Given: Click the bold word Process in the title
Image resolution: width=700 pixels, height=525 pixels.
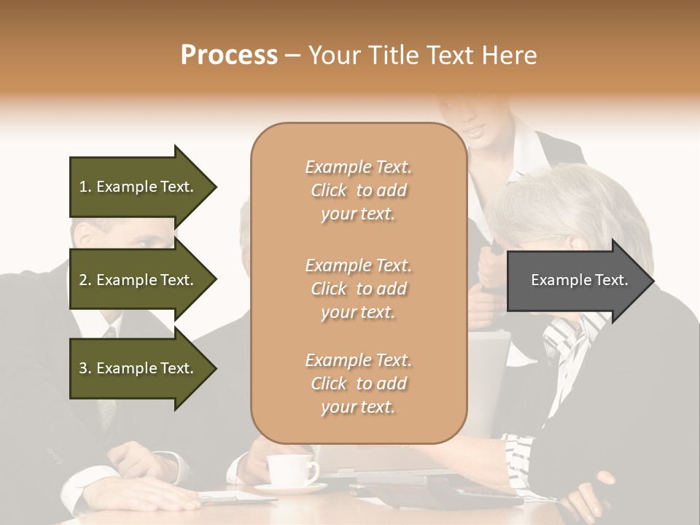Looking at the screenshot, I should tap(229, 55).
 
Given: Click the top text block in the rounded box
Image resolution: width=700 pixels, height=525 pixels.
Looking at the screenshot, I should tap(358, 190).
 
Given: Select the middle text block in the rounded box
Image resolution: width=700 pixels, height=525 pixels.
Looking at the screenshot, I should tap(358, 288).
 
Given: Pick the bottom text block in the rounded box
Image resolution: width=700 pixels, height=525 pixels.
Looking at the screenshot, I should tap(358, 384).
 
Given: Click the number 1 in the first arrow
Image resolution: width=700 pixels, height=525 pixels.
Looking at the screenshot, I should tap(83, 187).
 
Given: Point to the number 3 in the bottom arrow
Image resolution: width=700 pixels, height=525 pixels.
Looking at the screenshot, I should tap(83, 368).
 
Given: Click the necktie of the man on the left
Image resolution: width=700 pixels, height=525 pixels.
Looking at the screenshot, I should tap(109, 379).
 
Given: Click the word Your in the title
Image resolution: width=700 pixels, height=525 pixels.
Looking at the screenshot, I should tap(334, 55).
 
